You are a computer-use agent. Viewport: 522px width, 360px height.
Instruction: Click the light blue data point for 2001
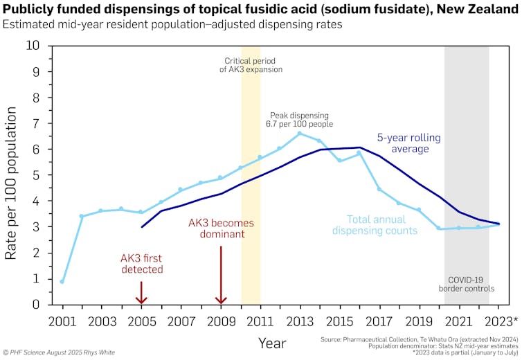click(x=62, y=282)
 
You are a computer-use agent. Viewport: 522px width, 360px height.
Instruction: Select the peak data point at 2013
click(x=300, y=134)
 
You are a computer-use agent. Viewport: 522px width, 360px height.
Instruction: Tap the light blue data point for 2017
click(x=379, y=189)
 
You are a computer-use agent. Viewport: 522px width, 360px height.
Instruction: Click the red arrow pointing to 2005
click(x=141, y=292)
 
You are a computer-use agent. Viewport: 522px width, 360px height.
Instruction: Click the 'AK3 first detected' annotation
click(x=141, y=264)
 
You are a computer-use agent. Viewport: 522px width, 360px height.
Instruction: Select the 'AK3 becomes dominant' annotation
click(x=221, y=228)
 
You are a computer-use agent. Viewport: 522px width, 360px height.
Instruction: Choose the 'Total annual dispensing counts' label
click(x=375, y=224)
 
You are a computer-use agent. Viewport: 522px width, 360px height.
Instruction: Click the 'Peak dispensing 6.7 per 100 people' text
click(x=299, y=119)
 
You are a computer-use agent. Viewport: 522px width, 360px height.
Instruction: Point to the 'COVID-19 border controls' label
click(x=467, y=283)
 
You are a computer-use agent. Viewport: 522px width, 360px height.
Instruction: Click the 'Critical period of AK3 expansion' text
click(x=250, y=64)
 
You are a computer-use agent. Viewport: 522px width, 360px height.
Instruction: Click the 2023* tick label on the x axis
click(x=502, y=321)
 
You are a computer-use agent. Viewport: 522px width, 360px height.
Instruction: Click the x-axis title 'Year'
click(x=272, y=343)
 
